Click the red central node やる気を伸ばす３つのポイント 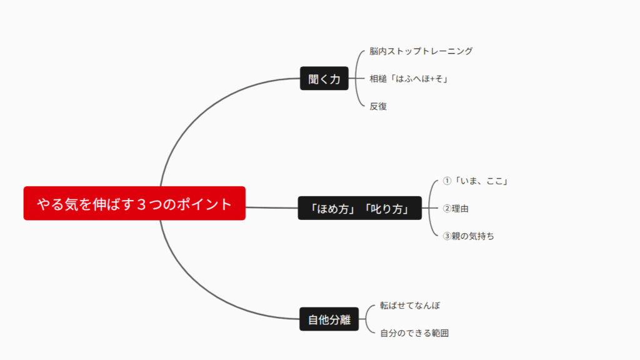coord(134,203)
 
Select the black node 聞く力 coord(324,78)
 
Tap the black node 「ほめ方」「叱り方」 coord(359,208)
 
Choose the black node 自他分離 coord(329,319)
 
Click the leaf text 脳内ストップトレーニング coord(421,51)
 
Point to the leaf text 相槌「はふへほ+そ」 coord(409,79)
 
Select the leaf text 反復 coord(378,106)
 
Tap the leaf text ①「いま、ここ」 coord(475,181)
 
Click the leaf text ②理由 coord(456,209)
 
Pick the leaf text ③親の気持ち coord(468,236)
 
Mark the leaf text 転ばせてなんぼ coord(410,305)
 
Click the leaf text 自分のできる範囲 coord(414,333)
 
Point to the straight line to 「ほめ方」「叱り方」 coord(272,207)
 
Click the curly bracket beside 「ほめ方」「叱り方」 coord(429,208)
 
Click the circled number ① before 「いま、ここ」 coord(447,181)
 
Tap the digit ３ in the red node coord(141,204)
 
